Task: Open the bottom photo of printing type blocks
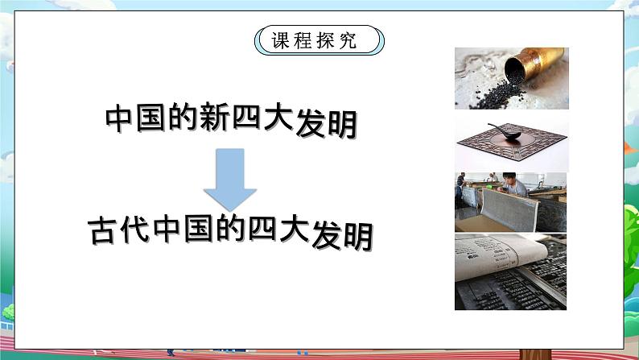click(510, 273)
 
